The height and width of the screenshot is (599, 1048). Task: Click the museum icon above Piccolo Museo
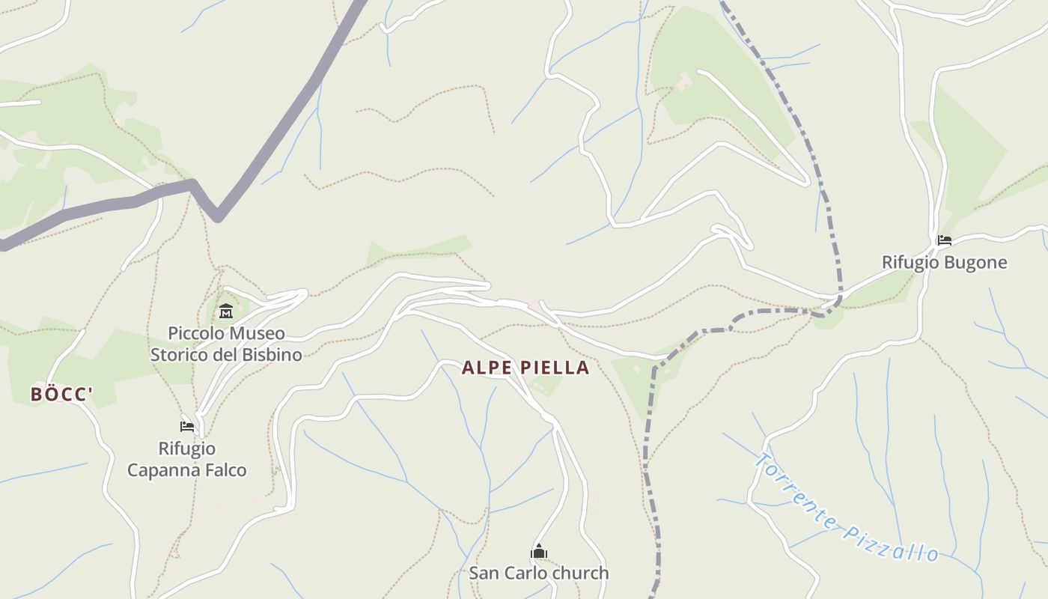(x=225, y=311)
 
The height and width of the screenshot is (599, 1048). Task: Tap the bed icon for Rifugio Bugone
(x=945, y=240)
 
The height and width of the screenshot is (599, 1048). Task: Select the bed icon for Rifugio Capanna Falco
(x=187, y=427)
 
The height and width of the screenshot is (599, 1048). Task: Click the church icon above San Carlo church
(x=538, y=553)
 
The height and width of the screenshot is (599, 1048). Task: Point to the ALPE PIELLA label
(x=525, y=368)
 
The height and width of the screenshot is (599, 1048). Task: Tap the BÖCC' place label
(x=61, y=395)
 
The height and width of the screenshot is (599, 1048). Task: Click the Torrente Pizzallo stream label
(x=846, y=509)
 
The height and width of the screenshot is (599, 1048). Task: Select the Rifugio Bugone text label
(x=944, y=263)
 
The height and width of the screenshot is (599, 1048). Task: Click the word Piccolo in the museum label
(x=195, y=333)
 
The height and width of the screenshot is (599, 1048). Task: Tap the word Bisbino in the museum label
(x=272, y=354)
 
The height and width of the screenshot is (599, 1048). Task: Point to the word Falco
(x=226, y=470)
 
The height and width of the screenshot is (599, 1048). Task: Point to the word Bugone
(x=975, y=263)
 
